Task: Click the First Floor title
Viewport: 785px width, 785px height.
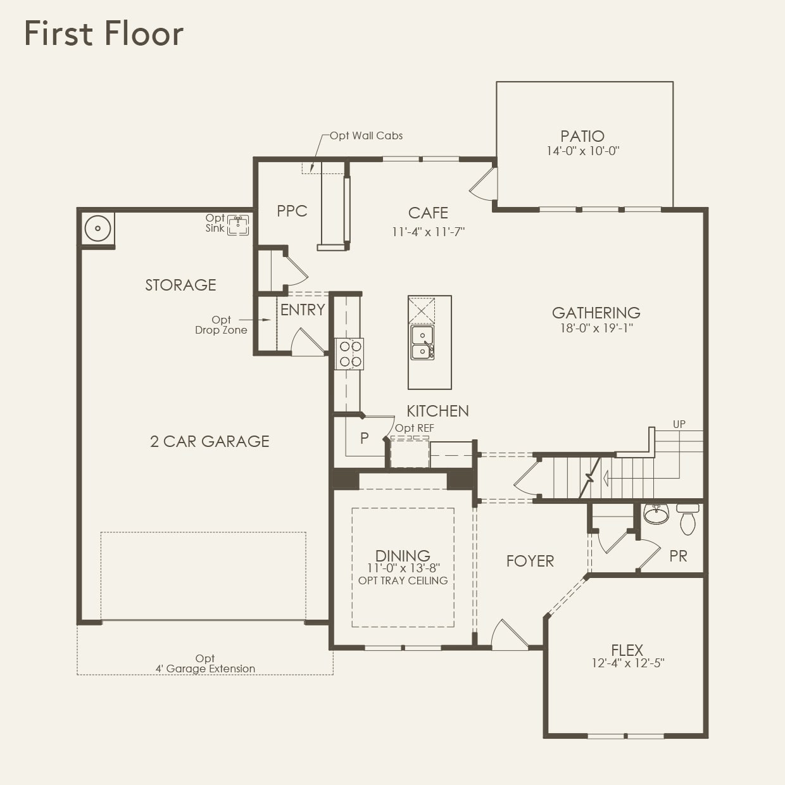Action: [x=104, y=34]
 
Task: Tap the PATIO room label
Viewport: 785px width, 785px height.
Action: [x=582, y=136]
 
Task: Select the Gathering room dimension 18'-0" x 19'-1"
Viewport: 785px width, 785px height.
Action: [x=596, y=328]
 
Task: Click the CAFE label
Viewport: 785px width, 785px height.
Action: [x=428, y=213]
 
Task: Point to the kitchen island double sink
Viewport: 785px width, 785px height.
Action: [x=422, y=342]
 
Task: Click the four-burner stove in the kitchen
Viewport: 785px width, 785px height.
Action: [x=349, y=354]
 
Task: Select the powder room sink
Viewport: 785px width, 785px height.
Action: [x=656, y=513]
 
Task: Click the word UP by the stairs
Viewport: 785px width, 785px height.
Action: [x=679, y=424]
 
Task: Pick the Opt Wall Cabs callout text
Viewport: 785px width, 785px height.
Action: [x=366, y=135]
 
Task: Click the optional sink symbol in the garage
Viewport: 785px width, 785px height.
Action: [x=238, y=224]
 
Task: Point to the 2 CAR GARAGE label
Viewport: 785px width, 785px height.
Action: [x=210, y=441]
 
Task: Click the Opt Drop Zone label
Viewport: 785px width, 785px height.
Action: [x=221, y=325]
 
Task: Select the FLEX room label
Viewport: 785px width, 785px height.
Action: [x=627, y=650]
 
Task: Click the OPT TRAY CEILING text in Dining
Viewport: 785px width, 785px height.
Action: [x=403, y=581]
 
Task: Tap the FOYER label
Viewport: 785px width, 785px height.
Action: [x=530, y=561]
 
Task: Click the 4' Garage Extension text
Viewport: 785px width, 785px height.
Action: [x=205, y=669]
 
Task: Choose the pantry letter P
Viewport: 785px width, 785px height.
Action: [x=364, y=438]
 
